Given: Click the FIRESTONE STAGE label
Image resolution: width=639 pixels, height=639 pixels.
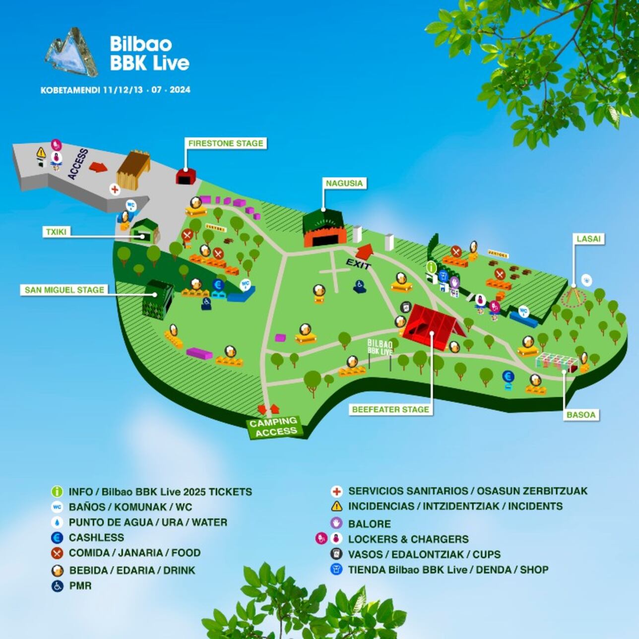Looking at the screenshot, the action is [226, 143].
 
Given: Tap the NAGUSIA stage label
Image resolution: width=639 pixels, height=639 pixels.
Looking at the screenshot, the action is [344, 183].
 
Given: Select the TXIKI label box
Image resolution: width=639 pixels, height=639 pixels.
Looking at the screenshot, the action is [56, 232].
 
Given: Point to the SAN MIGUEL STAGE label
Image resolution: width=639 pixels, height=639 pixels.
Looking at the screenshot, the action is [64, 290].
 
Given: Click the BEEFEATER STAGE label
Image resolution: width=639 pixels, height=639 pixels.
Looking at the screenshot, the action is [390, 409].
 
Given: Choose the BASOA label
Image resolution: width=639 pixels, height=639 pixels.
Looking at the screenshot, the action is [580, 415].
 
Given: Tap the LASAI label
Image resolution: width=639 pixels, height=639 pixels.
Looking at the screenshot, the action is [588, 239].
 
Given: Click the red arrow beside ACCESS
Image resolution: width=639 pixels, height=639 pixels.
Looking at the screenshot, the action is [98, 167].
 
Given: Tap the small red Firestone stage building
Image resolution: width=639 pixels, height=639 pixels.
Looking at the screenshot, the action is [186, 176].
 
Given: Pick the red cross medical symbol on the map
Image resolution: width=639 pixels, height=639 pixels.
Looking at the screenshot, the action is [115, 189].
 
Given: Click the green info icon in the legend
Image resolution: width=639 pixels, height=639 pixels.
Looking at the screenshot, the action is [58, 492].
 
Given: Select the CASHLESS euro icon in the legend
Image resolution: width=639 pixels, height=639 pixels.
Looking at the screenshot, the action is [58, 537].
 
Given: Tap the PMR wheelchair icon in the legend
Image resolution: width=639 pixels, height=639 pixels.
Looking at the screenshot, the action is [58, 586].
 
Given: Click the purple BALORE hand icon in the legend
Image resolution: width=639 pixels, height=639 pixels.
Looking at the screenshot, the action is [336, 523].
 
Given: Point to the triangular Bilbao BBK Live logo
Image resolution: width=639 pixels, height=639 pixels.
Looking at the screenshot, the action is [72, 53].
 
